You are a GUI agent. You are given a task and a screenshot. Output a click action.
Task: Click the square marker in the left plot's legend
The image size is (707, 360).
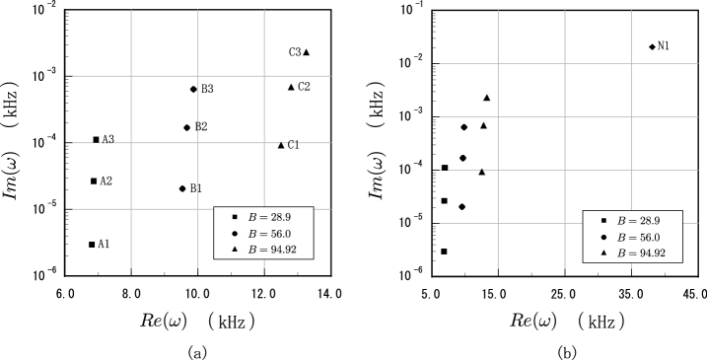(235, 216)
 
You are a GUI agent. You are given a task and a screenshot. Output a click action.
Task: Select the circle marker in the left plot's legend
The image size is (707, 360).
(235, 233)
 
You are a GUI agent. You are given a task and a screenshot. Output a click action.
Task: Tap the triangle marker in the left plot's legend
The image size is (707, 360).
(235, 250)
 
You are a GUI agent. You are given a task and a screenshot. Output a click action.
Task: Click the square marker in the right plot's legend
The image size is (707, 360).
(603, 220)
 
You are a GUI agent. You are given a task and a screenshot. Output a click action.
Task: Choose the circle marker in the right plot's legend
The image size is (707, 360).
(603, 237)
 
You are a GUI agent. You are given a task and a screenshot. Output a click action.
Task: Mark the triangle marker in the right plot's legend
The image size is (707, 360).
(603, 253)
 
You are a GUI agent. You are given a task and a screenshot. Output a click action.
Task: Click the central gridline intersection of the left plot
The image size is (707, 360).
(198, 143)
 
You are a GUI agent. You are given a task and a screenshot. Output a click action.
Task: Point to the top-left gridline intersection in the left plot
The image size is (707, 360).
(131, 76)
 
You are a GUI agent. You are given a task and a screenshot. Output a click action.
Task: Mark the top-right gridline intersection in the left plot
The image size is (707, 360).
(264, 76)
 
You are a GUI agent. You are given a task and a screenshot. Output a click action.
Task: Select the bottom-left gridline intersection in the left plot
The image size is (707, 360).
(131, 209)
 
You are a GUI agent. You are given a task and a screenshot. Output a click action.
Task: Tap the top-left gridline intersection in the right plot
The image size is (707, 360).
(498, 63)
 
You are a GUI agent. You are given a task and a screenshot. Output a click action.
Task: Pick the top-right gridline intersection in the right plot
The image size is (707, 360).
(631, 63)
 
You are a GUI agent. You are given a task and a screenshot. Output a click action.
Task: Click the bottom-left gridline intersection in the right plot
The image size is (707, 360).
(498, 223)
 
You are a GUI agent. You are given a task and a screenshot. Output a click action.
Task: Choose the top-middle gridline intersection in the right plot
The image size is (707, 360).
(565, 63)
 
